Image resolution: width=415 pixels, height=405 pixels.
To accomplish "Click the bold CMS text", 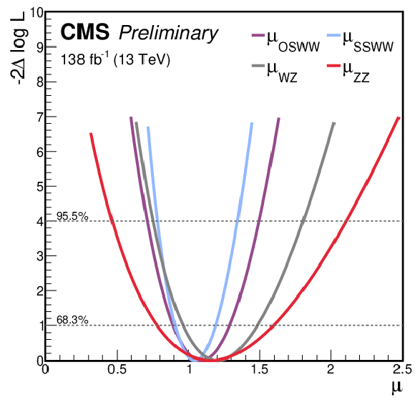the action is tap(85, 31).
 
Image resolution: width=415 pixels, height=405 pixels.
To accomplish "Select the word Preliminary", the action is tap(169, 34).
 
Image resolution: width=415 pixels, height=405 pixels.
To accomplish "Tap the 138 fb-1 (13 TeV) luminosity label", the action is tap(115, 59).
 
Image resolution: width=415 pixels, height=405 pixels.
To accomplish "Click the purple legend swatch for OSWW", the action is tap(258, 35).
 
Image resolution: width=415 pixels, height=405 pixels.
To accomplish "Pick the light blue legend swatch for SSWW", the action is tap(333, 35).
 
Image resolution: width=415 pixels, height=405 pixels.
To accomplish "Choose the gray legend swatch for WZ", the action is tap(258, 65).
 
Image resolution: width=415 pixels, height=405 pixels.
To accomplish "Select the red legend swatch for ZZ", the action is tap(333, 65).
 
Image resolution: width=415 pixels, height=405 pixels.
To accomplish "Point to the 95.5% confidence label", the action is tap(72, 216).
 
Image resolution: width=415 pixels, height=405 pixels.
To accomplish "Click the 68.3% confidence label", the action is tap(72, 320).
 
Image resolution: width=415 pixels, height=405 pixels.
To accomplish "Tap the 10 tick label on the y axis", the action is tap(36, 12).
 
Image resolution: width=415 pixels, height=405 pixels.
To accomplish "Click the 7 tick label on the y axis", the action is tap(40, 117).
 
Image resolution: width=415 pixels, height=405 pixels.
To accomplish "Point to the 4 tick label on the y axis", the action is tap(40, 222).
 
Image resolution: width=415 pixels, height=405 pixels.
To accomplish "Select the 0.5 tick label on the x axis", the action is tap(117, 369).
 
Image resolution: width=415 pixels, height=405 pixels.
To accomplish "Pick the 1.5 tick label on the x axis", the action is tap(260, 369).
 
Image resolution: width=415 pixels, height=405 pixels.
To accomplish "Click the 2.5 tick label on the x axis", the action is tap(402, 369).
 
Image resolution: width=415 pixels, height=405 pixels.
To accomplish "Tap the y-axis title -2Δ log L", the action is tap(19, 48).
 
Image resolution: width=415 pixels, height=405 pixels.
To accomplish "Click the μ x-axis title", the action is tap(396, 388).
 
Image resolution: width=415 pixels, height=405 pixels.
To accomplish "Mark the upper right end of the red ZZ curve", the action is tap(399, 117).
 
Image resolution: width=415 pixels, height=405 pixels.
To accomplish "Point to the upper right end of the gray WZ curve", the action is tap(334, 123).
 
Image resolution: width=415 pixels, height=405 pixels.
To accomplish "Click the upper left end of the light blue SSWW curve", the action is tap(148, 127).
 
